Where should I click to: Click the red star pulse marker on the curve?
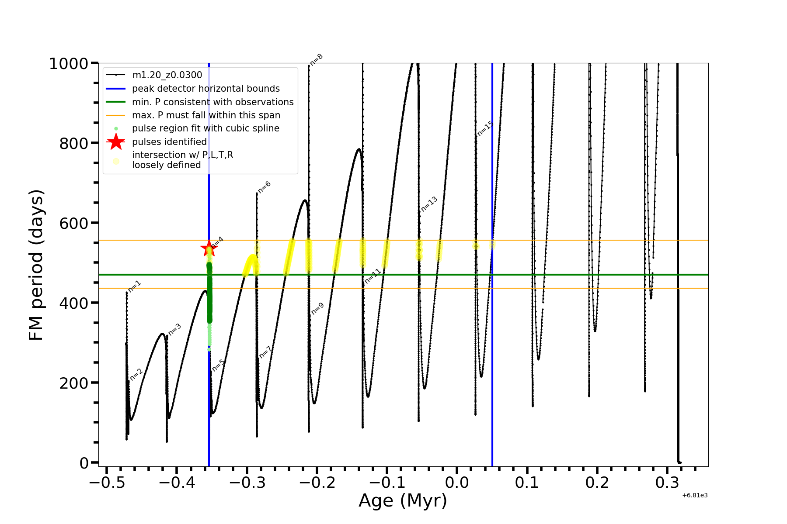[x=209, y=248]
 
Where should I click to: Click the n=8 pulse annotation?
[x=316, y=60]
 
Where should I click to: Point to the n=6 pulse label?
[x=264, y=187]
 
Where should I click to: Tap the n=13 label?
[x=429, y=204]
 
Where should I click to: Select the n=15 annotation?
[x=485, y=128]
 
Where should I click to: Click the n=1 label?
[x=135, y=286]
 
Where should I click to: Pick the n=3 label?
[x=174, y=330]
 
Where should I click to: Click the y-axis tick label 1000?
[x=69, y=64]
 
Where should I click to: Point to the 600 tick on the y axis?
[x=73, y=223]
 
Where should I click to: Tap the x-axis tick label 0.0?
[x=457, y=483]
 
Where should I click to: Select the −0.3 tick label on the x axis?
[x=247, y=483]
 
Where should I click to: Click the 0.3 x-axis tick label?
[x=667, y=483]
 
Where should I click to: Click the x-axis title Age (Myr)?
[x=403, y=501]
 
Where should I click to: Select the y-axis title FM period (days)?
[x=36, y=265]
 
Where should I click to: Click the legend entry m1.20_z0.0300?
[x=167, y=76]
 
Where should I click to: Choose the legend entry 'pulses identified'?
[x=169, y=142]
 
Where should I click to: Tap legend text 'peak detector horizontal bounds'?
[x=205, y=89]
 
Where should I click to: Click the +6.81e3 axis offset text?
[x=695, y=495]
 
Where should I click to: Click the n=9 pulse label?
[x=317, y=309]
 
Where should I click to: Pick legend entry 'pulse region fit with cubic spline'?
[x=205, y=128]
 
